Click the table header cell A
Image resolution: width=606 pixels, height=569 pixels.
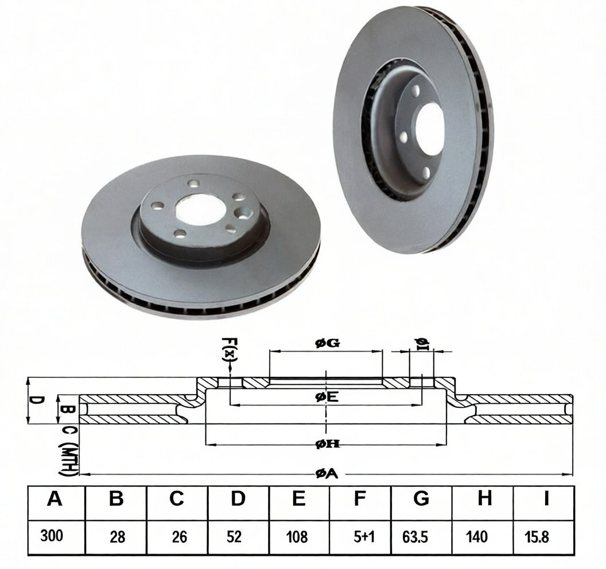click(x=54, y=498)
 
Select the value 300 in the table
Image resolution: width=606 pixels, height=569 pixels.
click(x=52, y=536)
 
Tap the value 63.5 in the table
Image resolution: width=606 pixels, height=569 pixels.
click(x=415, y=537)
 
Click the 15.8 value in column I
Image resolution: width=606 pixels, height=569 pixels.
click(x=537, y=537)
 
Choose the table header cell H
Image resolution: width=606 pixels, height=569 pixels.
click(x=484, y=498)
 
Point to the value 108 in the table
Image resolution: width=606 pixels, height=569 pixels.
click(x=297, y=537)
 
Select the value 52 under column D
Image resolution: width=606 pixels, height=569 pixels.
click(x=234, y=537)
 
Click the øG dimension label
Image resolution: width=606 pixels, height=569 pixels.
click(x=327, y=343)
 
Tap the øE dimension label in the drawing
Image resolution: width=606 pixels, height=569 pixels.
click(x=327, y=397)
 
